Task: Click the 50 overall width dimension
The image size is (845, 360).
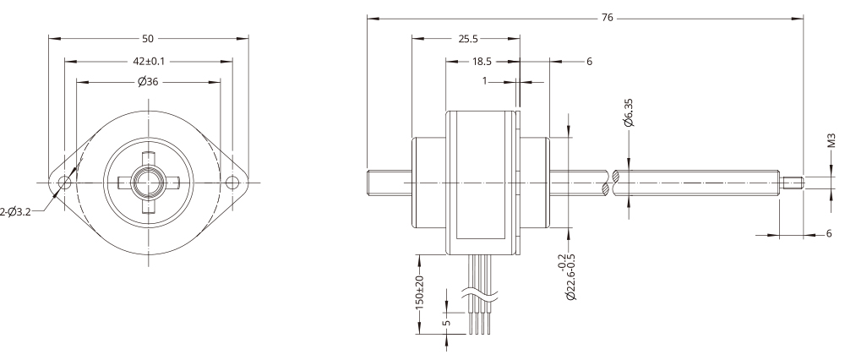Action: point(149,39)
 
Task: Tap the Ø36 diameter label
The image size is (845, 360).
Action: point(149,82)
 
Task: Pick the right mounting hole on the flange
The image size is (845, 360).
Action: point(233,182)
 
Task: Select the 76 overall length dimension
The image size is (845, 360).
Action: point(607,19)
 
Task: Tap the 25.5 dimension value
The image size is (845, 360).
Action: point(466,39)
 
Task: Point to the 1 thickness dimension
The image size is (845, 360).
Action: point(485,82)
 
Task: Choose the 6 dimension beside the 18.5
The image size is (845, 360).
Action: point(589,61)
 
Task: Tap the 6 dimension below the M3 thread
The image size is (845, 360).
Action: point(827,234)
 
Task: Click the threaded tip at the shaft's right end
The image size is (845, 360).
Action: point(795,183)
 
